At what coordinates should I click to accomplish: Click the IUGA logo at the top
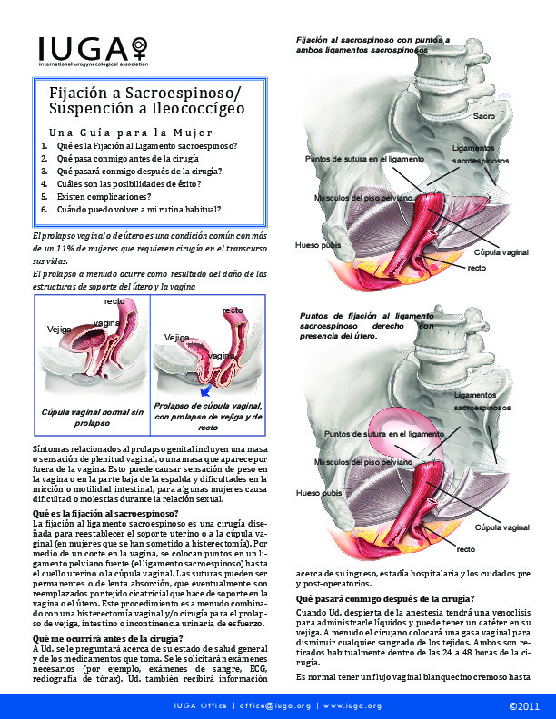coord(94,52)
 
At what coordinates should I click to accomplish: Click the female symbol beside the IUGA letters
coord(140,47)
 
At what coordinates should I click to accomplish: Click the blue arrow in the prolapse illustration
coord(206,390)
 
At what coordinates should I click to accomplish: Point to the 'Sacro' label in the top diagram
coord(484,116)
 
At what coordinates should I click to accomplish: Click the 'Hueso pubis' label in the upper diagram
coord(318,245)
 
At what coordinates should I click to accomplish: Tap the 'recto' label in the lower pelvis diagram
coord(466,549)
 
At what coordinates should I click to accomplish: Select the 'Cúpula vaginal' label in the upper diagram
coord(501,252)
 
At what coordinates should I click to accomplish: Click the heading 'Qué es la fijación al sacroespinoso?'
coord(105,513)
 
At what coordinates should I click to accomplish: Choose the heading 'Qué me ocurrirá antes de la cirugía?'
coord(107,639)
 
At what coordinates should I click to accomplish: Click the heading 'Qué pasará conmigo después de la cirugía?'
coord(385,599)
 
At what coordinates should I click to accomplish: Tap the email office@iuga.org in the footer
coord(275,706)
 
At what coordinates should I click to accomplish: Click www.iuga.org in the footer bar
coord(352,706)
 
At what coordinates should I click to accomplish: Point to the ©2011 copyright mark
coord(524,706)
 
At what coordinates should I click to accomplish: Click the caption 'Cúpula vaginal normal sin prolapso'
coord(92,418)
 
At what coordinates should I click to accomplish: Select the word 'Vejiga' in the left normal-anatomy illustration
coord(59,330)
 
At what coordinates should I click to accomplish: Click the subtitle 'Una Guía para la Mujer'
coord(131,133)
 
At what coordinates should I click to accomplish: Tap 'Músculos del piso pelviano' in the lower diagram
coord(363,462)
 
